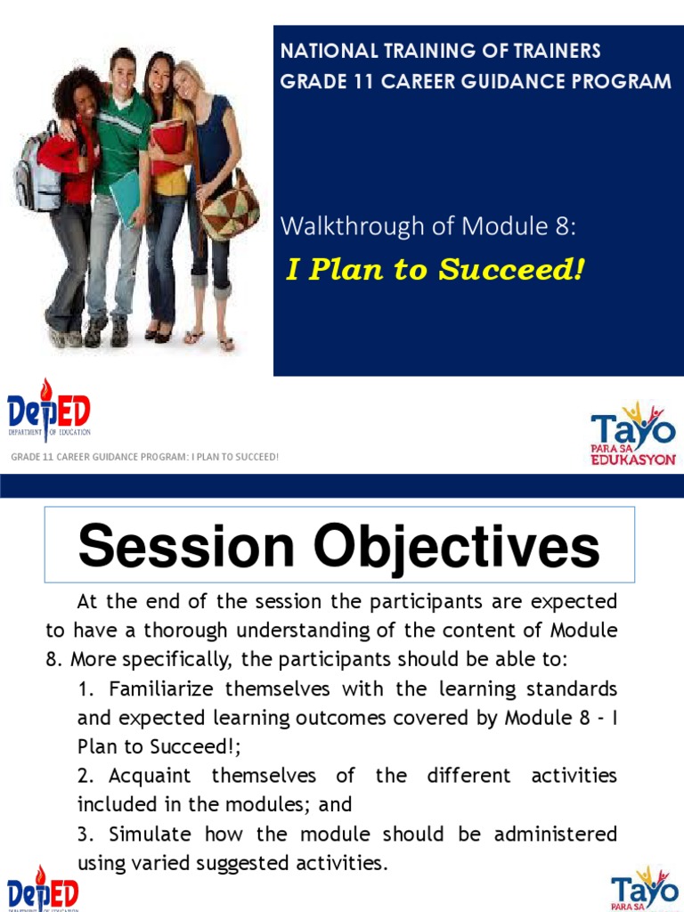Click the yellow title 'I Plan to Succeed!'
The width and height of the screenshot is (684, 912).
pyautogui.click(x=435, y=269)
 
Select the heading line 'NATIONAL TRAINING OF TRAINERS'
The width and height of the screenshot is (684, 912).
pyautogui.click(x=440, y=51)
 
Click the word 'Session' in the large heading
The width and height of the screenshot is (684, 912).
pyautogui.click(x=186, y=546)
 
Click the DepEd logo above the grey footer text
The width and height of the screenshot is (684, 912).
pyautogui.click(x=49, y=410)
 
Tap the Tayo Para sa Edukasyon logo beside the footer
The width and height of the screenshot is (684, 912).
pyautogui.click(x=633, y=434)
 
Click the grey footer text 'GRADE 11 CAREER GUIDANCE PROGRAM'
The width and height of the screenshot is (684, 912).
pyautogui.click(x=100, y=457)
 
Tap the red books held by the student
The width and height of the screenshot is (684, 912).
pyautogui.click(x=167, y=144)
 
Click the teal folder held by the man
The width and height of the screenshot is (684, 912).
pyautogui.click(x=125, y=197)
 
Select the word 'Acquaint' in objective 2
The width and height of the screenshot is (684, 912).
pyautogui.click(x=150, y=777)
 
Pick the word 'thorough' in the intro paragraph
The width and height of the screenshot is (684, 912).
pyautogui.click(x=185, y=631)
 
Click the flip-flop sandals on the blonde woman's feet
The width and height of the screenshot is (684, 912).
pyautogui.click(x=209, y=340)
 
